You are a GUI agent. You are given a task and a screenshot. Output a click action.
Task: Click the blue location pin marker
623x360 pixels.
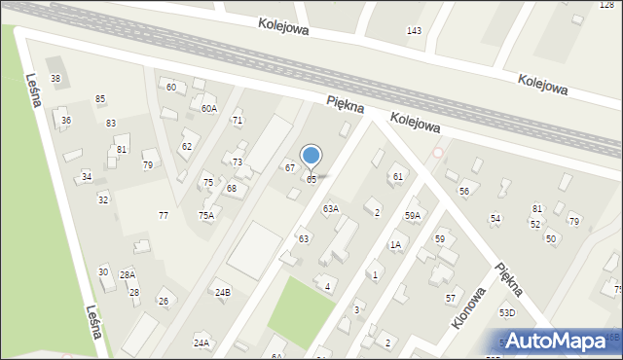click(x=311, y=157)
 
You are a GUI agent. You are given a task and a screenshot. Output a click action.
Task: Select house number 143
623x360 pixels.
click(x=414, y=31)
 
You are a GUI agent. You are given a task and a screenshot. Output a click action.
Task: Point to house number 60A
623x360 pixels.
click(x=209, y=109)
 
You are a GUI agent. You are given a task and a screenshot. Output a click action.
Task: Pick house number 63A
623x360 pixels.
click(x=331, y=209)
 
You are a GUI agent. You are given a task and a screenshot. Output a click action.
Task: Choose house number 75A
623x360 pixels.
click(x=206, y=216)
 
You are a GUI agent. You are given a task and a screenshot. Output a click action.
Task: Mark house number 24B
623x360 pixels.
click(x=223, y=292)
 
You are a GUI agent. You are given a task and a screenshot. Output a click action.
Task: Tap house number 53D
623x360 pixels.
click(x=507, y=313)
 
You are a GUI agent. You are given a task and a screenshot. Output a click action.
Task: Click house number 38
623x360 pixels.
click(x=55, y=79)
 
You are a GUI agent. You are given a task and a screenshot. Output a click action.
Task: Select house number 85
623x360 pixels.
click(x=100, y=99)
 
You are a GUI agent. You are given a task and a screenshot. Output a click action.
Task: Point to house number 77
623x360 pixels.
click(x=164, y=215)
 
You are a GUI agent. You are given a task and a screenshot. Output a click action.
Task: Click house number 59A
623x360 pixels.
click(x=414, y=215)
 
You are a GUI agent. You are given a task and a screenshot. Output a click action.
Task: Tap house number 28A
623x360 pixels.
click(x=128, y=275)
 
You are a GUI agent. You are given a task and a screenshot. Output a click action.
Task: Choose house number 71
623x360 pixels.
click(x=237, y=120)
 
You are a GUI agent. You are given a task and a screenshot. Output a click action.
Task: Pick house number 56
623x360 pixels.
click(x=464, y=192)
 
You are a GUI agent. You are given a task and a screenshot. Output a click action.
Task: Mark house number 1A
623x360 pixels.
click(x=395, y=245)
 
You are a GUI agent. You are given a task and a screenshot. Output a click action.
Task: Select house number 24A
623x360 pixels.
click(x=202, y=342)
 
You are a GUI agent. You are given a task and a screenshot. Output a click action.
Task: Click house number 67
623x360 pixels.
click(x=289, y=168)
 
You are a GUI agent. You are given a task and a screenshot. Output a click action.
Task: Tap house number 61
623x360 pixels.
click(x=397, y=177)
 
